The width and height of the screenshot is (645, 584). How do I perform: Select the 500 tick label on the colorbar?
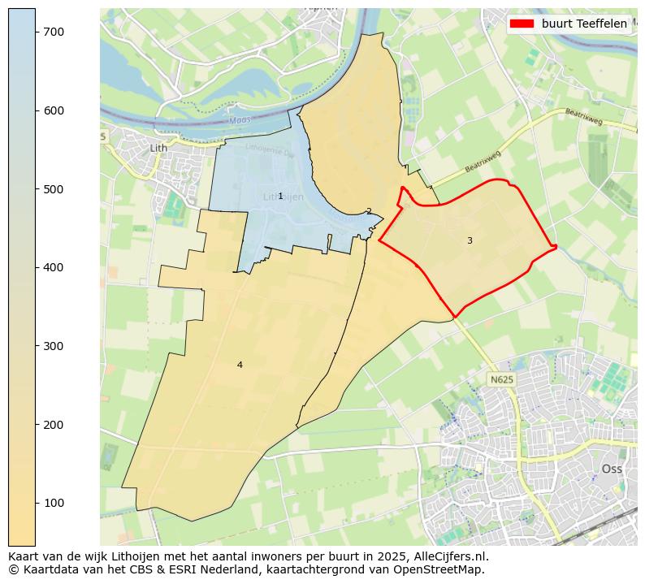[54, 189]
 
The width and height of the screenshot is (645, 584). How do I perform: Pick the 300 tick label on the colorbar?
[54, 346]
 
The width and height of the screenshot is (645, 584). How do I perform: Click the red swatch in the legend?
[522, 24]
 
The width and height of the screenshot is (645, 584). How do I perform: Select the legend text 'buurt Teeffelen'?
[584, 24]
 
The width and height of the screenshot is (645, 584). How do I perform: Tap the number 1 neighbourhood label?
[280, 196]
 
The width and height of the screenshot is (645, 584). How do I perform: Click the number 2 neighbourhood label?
[369, 211]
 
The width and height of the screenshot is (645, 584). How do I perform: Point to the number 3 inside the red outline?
[470, 240]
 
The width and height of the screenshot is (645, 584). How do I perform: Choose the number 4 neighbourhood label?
[240, 365]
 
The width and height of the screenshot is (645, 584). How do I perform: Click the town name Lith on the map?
[158, 148]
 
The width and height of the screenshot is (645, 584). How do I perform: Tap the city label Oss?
[612, 469]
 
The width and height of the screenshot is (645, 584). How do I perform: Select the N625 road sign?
[501, 379]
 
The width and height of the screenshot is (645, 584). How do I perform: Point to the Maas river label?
[240, 121]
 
